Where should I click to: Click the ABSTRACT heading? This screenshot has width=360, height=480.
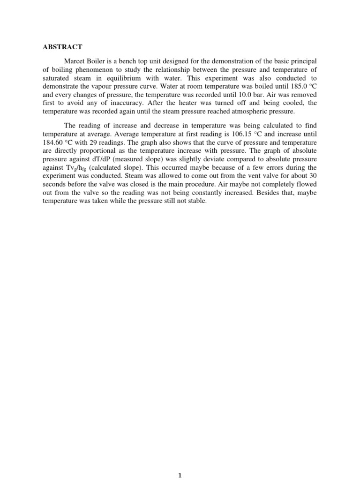click(x=60, y=47)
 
